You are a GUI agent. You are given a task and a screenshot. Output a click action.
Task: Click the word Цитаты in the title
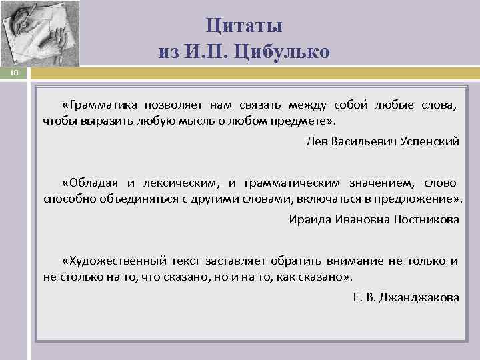[244, 26]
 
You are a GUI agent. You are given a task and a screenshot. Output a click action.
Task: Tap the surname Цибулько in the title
[287, 52]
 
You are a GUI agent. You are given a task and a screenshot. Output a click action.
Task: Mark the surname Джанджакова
[419, 297]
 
